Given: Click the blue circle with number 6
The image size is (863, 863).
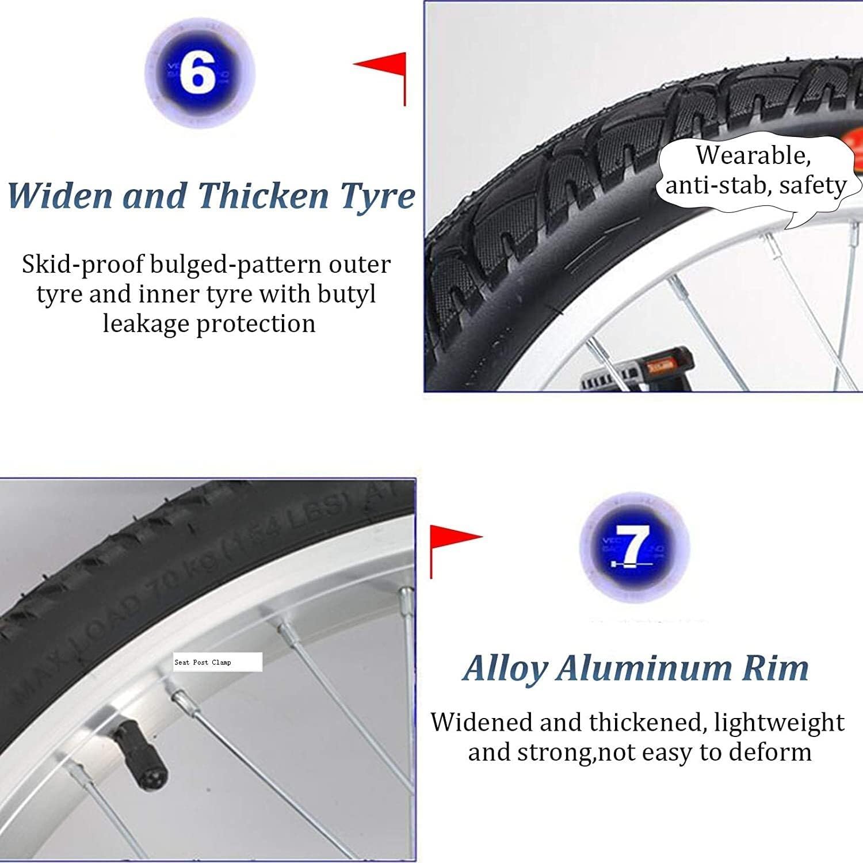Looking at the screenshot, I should [x=198, y=73].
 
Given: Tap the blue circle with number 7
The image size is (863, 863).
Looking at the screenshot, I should [x=633, y=545].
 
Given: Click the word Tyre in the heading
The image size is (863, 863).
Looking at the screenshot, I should [x=377, y=196].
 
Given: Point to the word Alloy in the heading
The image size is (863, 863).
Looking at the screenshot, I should [x=505, y=669].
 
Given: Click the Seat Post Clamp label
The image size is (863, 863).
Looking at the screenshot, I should [x=217, y=662].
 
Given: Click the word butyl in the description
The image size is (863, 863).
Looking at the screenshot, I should [x=347, y=295].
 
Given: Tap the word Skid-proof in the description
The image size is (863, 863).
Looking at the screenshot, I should [x=83, y=265].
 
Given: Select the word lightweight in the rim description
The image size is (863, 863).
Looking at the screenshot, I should [x=779, y=723].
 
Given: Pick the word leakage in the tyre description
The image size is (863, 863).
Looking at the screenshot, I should [x=146, y=324].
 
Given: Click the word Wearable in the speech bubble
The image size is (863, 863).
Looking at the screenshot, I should [x=753, y=155].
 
